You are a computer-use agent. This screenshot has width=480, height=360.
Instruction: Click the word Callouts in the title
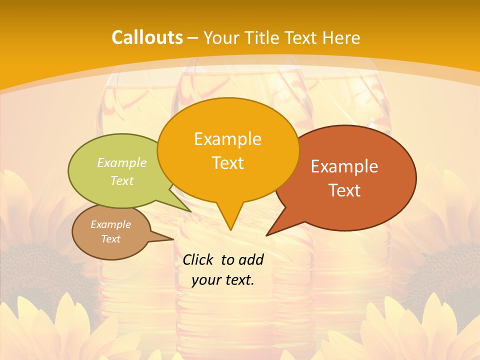click(x=147, y=37)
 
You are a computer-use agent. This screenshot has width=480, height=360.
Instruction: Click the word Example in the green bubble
click(x=122, y=163)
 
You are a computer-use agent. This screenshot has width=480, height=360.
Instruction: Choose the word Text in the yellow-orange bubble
click(x=228, y=163)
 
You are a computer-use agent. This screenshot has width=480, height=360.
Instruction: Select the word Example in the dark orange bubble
click(x=344, y=166)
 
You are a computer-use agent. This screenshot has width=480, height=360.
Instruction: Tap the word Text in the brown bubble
click(x=111, y=239)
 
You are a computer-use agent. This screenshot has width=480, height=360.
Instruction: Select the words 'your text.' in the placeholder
click(x=223, y=280)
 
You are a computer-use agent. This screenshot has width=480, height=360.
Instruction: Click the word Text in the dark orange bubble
click(x=344, y=190)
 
